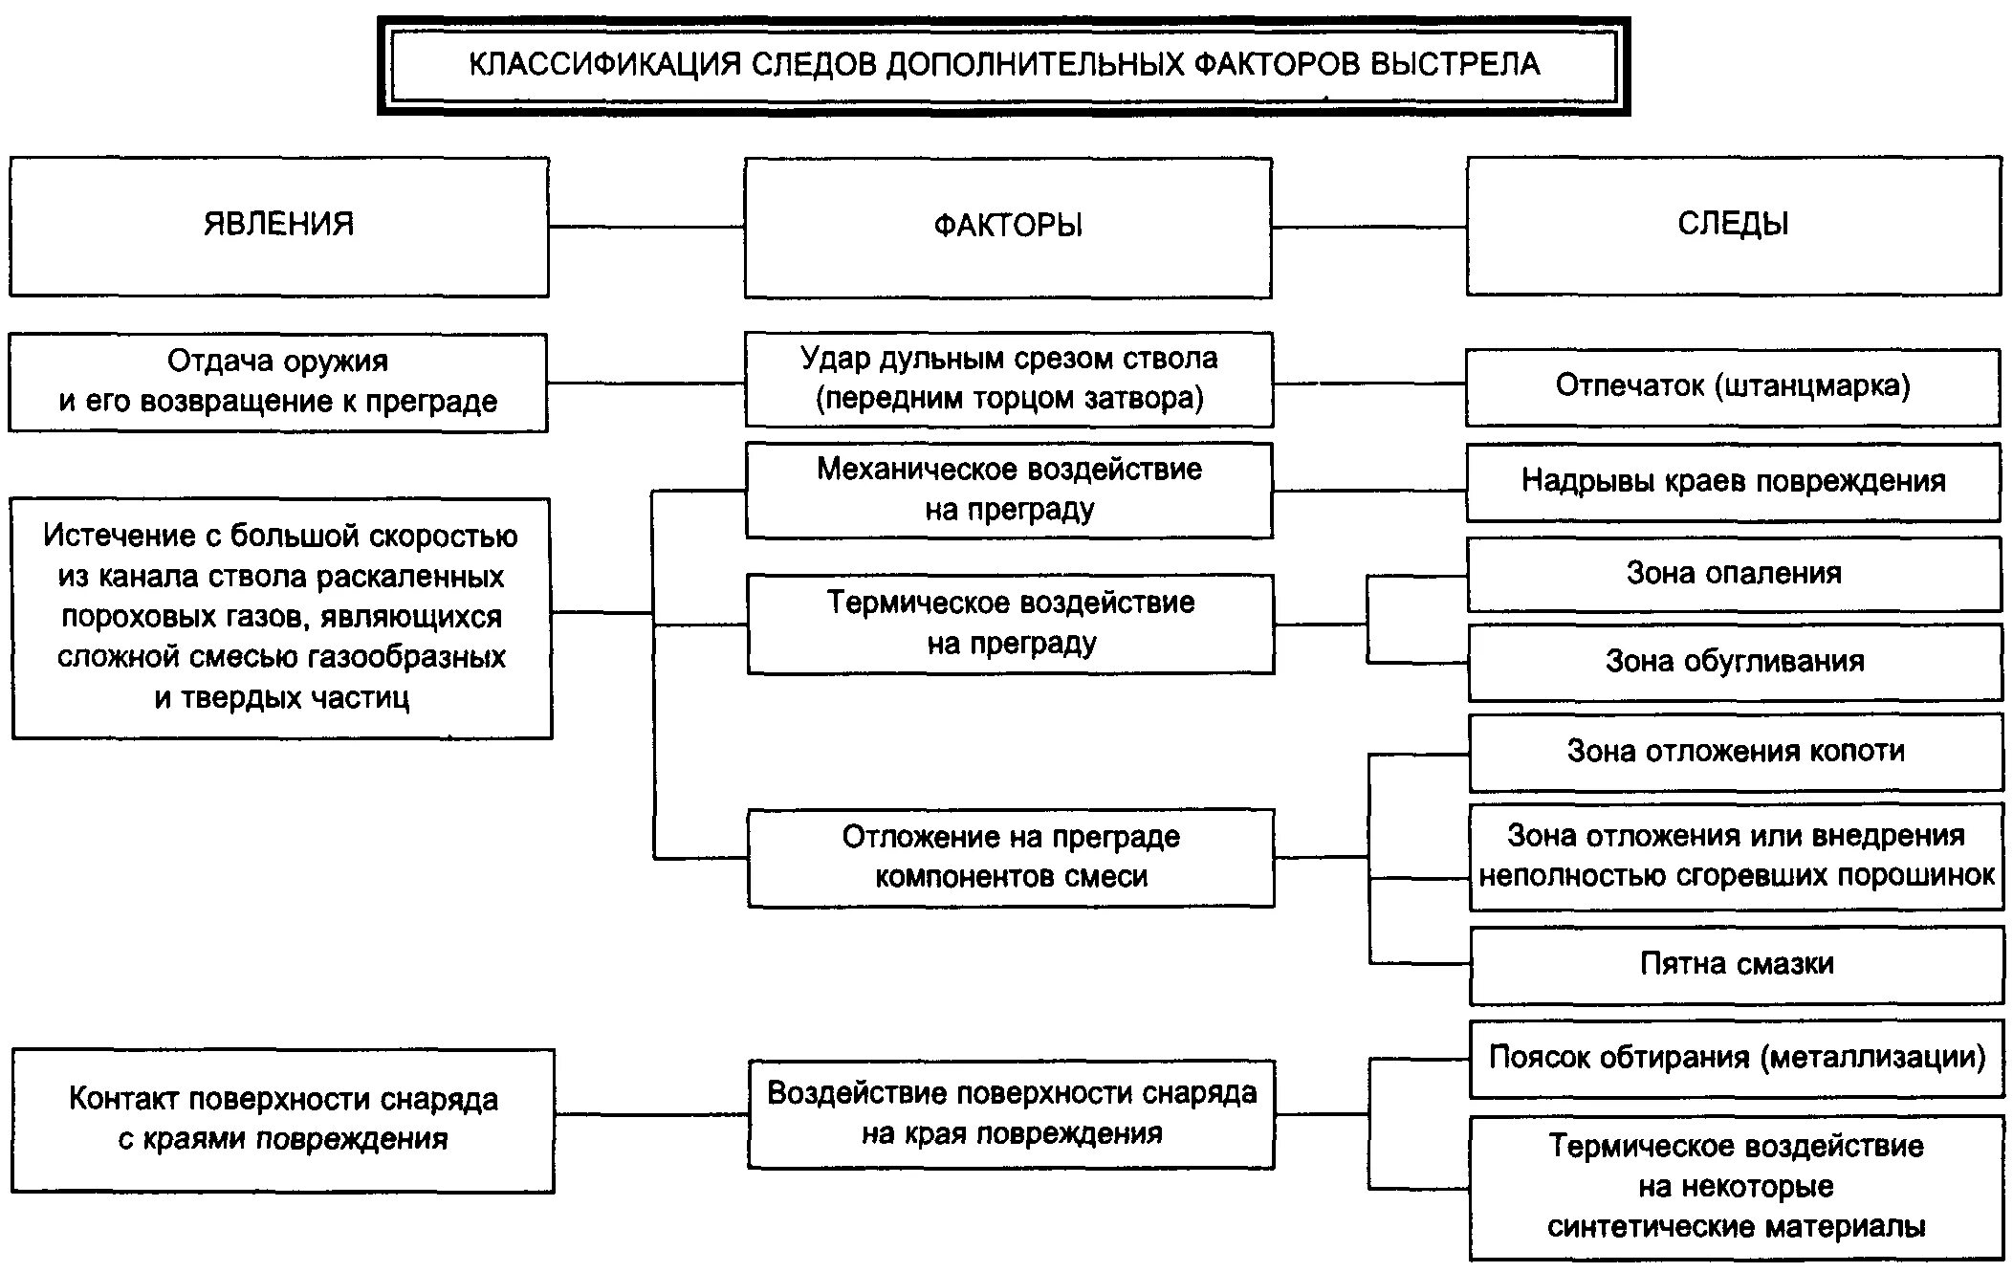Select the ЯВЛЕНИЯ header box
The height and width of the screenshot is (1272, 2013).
point(278,227)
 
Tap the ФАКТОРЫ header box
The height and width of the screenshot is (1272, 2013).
point(1008,227)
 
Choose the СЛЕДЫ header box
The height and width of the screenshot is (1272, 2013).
point(1733,226)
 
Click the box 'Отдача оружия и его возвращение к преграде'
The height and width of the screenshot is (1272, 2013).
point(278,382)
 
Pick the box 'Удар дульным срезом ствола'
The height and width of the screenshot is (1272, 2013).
point(1009,379)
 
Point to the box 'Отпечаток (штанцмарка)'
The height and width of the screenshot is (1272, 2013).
point(1733,386)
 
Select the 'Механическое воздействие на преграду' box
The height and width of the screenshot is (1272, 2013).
point(1009,490)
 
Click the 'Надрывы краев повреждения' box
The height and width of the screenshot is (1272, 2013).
point(1733,481)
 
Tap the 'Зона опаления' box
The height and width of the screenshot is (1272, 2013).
point(1734,574)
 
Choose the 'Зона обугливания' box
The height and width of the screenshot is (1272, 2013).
point(1735,662)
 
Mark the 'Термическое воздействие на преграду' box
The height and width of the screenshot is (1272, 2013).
point(1011,624)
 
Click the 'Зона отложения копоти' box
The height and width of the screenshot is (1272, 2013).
point(1736,753)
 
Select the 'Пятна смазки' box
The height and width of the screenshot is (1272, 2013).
point(1737,964)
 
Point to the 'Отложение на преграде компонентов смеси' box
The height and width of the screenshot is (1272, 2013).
point(1011,858)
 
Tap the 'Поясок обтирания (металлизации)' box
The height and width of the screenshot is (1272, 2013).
point(1737,1059)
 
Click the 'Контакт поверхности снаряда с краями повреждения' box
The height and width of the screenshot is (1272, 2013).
point(283,1120)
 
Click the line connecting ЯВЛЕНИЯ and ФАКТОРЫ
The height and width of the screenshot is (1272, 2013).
point(646,227)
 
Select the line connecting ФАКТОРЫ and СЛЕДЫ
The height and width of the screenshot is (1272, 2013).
point(1369,227)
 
